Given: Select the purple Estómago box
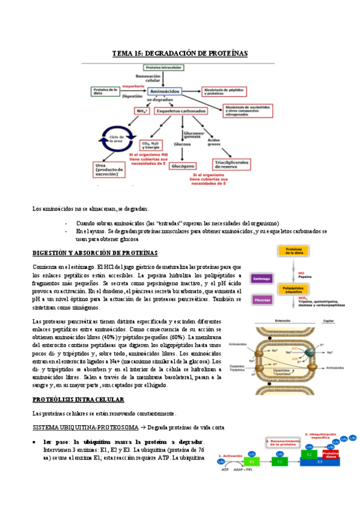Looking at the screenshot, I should tap(259, 278).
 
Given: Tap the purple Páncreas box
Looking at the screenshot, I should tap(259, 299).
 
